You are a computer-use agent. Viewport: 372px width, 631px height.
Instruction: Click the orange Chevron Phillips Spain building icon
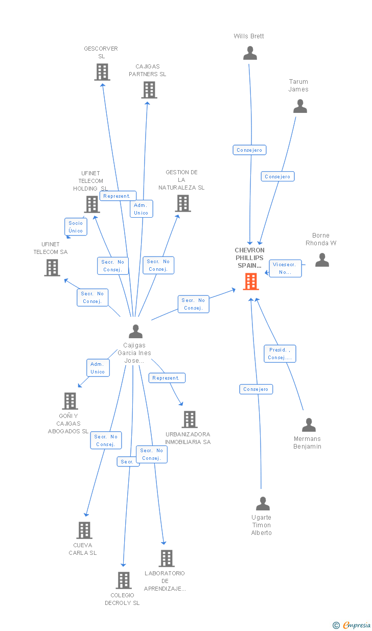(x=251, y=282)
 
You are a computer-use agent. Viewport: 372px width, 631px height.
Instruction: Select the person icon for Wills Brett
(x=250, y=53)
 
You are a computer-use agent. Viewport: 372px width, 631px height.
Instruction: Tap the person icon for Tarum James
(x=300, y=106)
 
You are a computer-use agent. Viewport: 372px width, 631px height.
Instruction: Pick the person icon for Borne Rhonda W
(x=322, y=260)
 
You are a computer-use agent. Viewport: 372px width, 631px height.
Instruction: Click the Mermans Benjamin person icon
(x=309, y=425)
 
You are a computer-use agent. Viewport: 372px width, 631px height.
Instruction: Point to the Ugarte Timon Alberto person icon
(x=263, y=504)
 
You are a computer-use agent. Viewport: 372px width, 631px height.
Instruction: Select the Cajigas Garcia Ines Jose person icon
(x=135, y=332)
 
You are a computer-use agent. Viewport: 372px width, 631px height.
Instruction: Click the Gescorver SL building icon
(x=102, y=72)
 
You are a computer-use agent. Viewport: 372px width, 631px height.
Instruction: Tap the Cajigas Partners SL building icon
(x=149, y=90)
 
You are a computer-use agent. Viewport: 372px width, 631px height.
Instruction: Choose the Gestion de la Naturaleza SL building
(x=182, y=203)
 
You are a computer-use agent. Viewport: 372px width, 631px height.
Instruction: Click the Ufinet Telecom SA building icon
(x=52, y=268)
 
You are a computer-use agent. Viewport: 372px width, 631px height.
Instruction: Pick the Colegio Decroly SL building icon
(x=123, y=580)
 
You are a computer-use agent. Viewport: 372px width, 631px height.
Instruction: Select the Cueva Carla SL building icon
(x=84, y=530)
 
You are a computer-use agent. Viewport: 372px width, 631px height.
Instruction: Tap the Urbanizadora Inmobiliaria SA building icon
(x=190, y=419)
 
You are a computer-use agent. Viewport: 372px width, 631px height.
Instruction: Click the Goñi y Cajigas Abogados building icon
(x=69, y=401)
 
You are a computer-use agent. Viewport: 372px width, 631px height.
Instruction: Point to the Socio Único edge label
(x=76, y=227)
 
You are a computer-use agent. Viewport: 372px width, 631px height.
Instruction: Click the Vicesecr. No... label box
(x=286, y=268)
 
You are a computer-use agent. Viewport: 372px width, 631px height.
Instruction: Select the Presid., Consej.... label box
(x=280, y=354)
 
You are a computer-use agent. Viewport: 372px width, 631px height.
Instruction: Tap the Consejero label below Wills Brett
(x=249, y=150)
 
